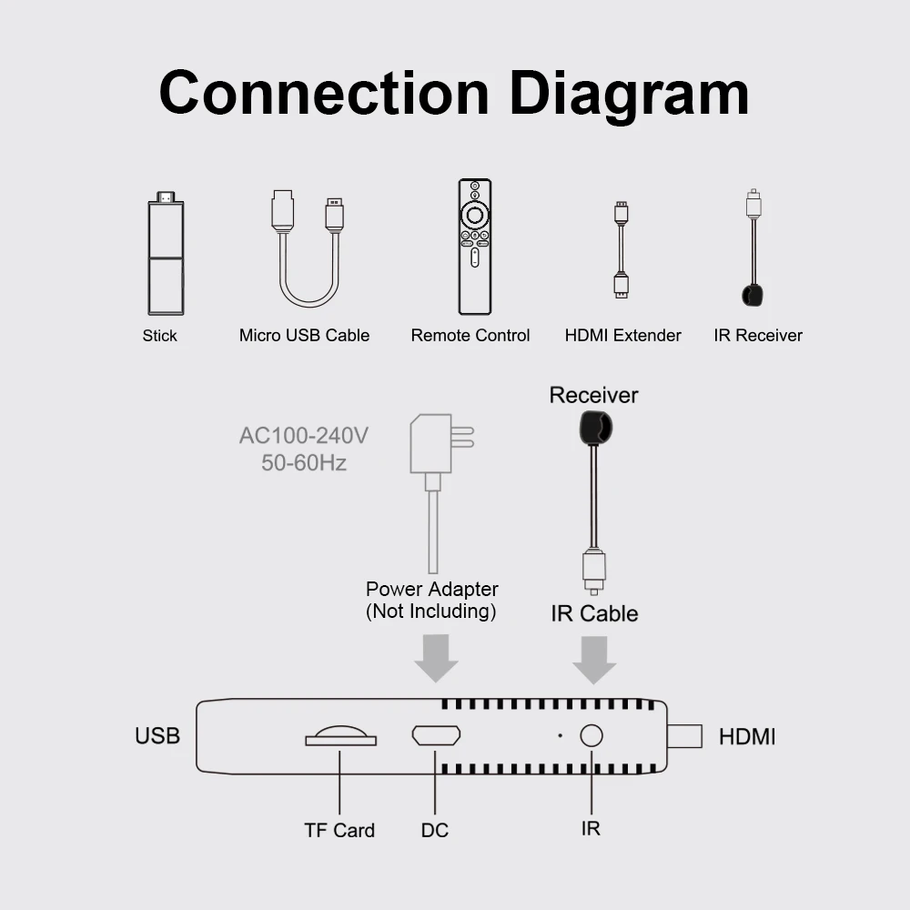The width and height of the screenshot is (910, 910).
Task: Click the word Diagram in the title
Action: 629,95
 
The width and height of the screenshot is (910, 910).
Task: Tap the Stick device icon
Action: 166,254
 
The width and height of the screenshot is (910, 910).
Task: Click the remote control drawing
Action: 474,247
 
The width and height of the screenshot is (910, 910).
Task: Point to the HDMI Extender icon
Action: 621,250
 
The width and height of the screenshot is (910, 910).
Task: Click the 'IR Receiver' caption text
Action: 758,336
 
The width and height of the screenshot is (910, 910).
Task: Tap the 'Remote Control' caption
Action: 470,336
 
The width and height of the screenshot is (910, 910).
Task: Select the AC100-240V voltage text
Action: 303,436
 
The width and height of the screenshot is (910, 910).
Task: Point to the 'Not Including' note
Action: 431,612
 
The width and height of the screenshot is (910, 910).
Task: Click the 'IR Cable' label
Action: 594,613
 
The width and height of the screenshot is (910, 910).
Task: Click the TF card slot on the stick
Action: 340,736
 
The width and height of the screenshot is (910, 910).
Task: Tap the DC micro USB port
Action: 436,735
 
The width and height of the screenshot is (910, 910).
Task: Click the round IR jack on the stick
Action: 592,736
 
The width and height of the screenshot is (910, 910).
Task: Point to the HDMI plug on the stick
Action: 684,736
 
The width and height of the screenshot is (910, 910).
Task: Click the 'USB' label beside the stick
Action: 157,736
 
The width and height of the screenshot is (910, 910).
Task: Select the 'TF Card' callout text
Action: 339,830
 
